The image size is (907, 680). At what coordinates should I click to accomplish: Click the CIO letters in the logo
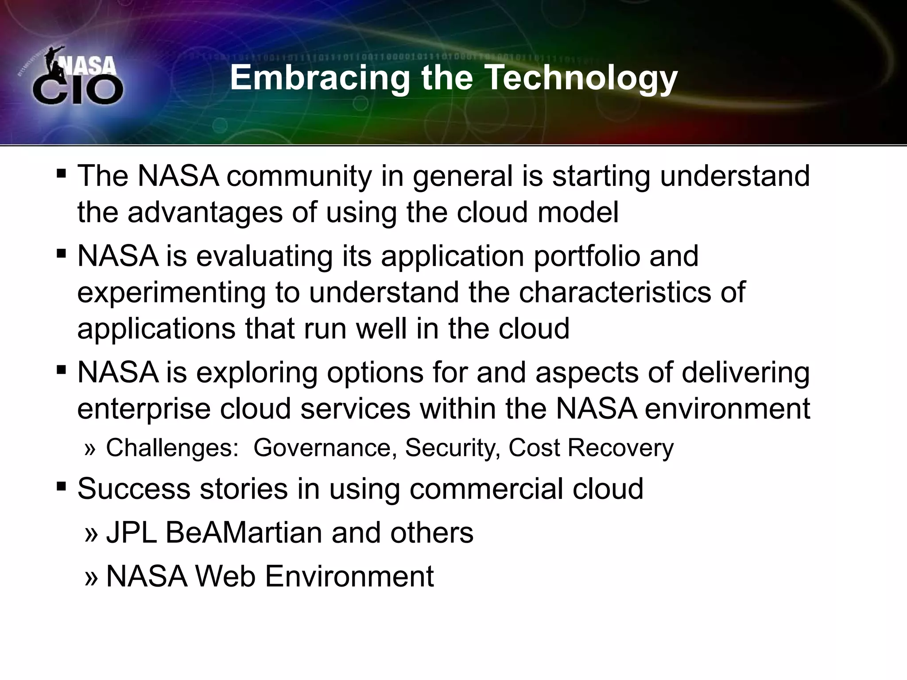(78, 90)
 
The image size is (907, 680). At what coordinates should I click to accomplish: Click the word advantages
(205, 212)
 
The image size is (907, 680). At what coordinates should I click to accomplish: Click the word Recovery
(620, 448)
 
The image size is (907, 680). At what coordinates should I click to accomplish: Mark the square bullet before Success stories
(61, 487)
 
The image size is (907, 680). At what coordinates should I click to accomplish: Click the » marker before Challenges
(90, 449)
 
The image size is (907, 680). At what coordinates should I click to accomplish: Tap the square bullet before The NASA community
(61, 173)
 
